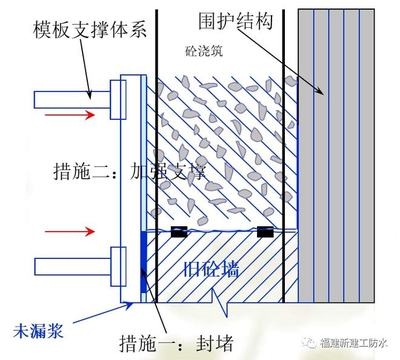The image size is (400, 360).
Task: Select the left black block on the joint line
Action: pos(182,232)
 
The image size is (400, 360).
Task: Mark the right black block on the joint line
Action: pos(266,232)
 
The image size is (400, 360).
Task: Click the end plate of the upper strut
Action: pos(117,97)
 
